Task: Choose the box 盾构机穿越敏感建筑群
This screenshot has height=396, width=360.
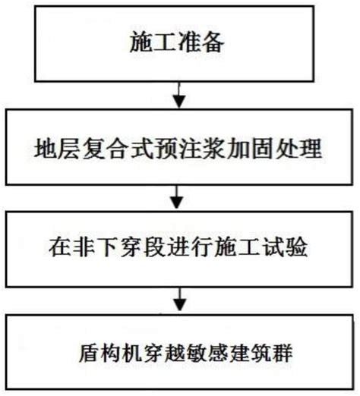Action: pyautogui.click(x=179, y=352)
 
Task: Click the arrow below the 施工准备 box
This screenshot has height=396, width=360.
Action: pyautogui.click(x=179, y=93)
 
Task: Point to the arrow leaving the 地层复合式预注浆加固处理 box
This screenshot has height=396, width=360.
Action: pyautogui.click(x=179, y=196)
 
